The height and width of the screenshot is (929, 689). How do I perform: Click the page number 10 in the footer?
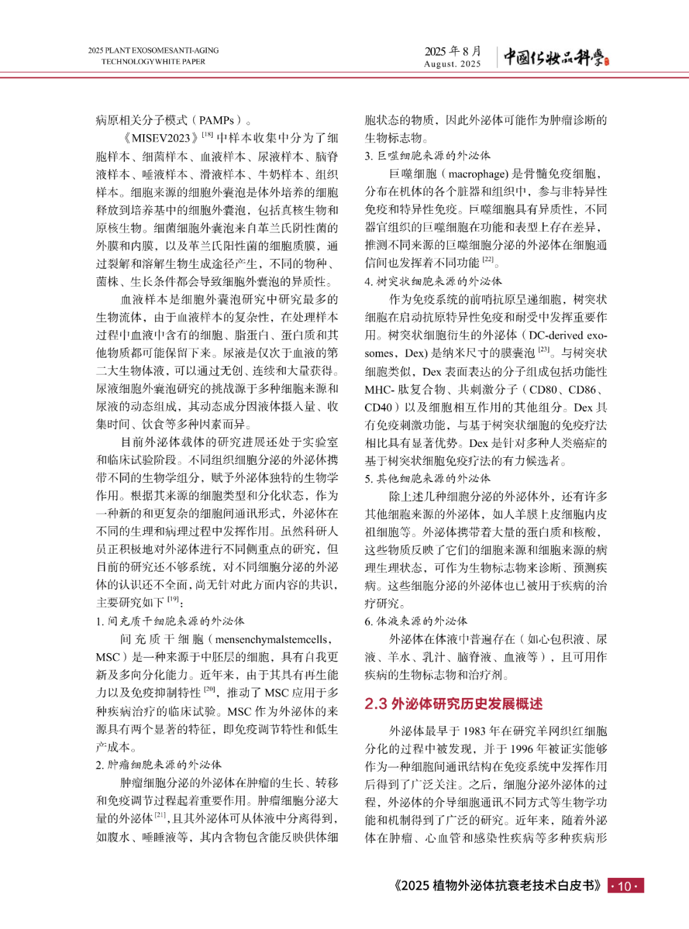click(x=625, y=886)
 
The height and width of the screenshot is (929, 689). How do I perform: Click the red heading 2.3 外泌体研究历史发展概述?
click(x=454, y=704)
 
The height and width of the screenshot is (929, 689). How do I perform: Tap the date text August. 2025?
click(x=452, y=64)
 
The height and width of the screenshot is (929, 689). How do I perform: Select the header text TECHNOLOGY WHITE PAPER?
click(x=153, y=62)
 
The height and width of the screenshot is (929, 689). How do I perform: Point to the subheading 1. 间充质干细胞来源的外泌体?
click(x=170, y=621)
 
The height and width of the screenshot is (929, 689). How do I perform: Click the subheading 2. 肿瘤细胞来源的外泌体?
click(x=159, y=764)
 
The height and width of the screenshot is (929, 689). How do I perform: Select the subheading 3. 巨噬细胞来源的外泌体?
click(x=427, y=156)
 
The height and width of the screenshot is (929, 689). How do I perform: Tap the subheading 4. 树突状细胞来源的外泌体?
click(x=433, y=281)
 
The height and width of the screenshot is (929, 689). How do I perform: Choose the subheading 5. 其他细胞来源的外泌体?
click(x=427, y=478)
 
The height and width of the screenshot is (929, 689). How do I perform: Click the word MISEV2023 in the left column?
click(x=161, y=138)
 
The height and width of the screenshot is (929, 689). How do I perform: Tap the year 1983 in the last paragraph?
click(x=475, y=731)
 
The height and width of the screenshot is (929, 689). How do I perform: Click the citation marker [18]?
click(x=207, y=135)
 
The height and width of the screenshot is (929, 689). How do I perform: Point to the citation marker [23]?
click(x=544, y=350)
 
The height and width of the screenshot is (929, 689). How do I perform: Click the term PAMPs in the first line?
click(x=216, y=120)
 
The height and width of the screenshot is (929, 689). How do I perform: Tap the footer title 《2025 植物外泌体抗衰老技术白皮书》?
click(x=498, y=886)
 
